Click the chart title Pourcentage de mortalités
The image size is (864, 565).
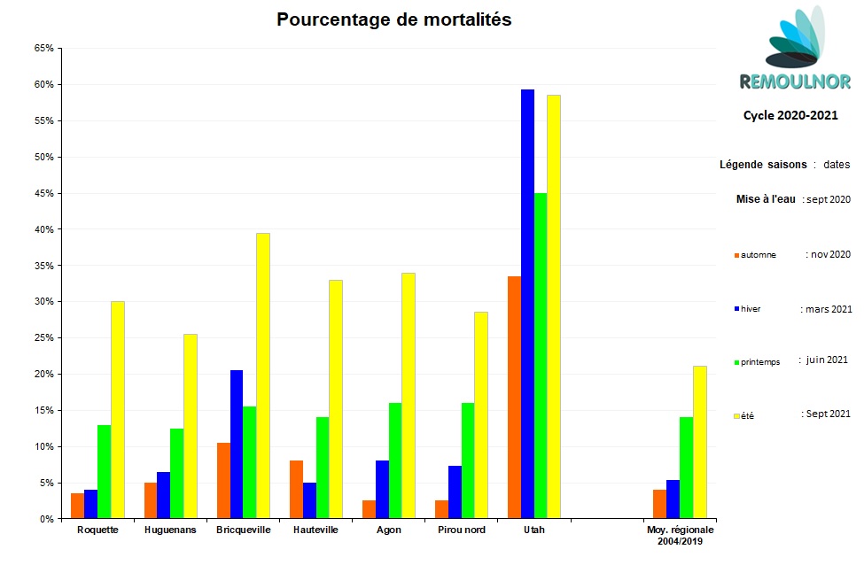click(x=393, y=19)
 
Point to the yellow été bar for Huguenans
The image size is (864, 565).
click(x=190, y=426)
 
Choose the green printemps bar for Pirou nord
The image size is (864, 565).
click(x=468, y=461)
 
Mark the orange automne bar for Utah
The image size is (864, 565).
click(x=514, y=398)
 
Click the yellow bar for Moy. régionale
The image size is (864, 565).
click(x=699, y=442)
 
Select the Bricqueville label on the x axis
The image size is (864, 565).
click(x=244, y=530)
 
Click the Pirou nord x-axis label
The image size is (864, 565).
click(x=462, y=530)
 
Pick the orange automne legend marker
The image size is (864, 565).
click(x=736, y=256)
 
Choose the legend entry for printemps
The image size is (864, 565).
click(x=760, y=361)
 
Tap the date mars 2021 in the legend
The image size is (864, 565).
click(x=829, y=309)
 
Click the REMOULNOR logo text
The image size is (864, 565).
click(x=794, y=82)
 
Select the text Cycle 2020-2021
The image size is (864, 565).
click(x=790, y=115)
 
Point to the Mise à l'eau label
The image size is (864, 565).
click(x=766, y=199)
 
